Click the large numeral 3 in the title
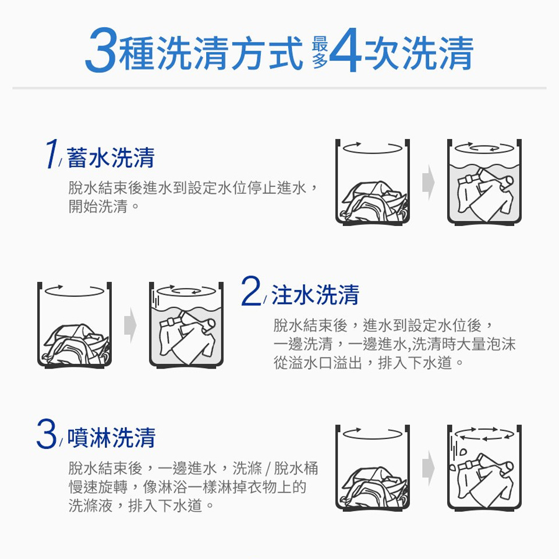pos(101,54)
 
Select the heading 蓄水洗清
pos(111,157)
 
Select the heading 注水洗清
pos(315,295)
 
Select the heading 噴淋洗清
pos(111,438)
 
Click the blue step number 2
pos(251,293)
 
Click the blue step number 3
pos(47,436)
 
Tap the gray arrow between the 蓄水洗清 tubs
pos(429,182)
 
